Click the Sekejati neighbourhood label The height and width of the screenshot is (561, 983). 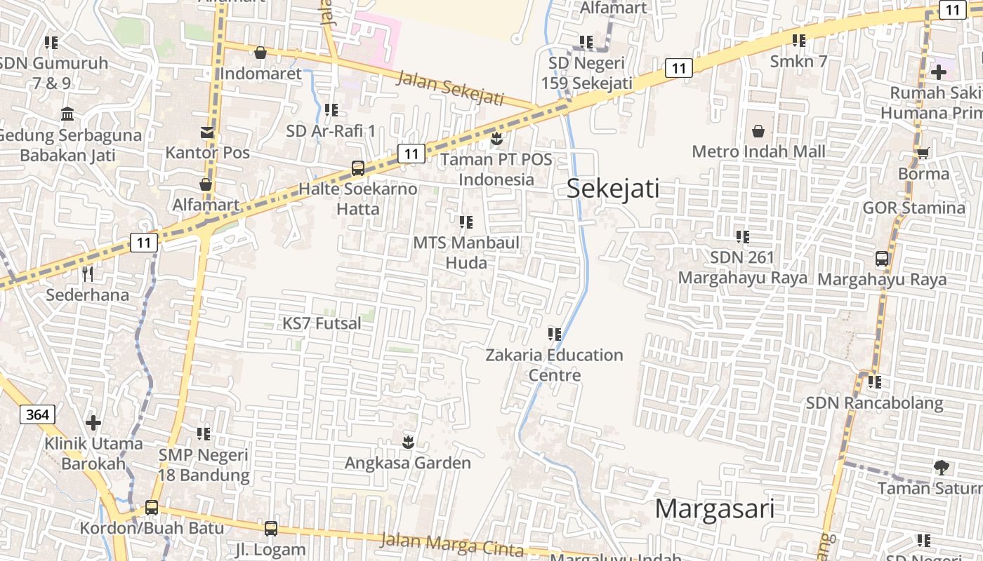point(613,189)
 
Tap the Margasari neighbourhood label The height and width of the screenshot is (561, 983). point(714,508)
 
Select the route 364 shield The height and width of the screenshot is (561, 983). point(37,414)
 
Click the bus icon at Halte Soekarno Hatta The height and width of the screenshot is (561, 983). point(357,168)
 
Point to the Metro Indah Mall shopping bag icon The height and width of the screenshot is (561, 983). point(758,131)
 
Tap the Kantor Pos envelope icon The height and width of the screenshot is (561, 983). point(206,133)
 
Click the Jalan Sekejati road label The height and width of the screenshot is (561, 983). point(450,88)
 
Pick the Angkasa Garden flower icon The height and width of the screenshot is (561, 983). point(407,442)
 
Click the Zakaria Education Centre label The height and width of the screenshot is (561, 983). point(554,365)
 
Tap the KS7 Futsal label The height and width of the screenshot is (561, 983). point(322,323)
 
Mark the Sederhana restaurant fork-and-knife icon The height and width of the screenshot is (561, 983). point(87,273)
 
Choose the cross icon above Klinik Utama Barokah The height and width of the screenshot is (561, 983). point(93,423)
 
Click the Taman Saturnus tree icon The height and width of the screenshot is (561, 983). point(942,467)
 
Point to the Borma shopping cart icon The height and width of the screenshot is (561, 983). point(923,153)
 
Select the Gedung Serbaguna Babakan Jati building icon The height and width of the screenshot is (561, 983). point(68,114)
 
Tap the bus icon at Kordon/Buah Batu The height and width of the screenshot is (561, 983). point(151,508)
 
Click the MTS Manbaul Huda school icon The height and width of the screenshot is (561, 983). point(466,222)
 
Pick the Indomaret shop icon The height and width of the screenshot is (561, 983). point(260,53)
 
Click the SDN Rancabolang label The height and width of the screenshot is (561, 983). point(874,403)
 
